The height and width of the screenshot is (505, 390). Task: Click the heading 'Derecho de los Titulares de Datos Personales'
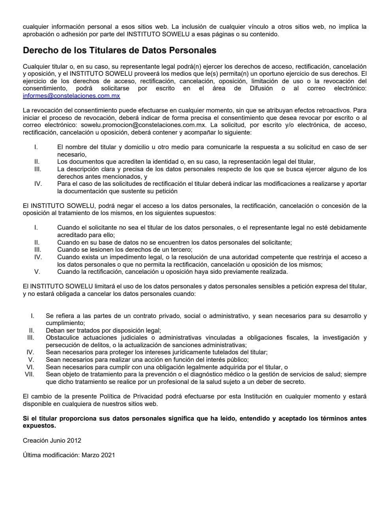click(x=119, y=50)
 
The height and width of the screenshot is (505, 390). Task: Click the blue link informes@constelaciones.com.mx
click(x=71, y=96)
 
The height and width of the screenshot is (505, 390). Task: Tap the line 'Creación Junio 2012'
click(x=52, y=440)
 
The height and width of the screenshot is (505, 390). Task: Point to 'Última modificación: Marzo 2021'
click(x=69, y=455)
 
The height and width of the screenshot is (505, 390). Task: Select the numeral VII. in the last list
click(x=30, y=374)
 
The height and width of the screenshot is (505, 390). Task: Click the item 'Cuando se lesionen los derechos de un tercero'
click(x=125, y=250)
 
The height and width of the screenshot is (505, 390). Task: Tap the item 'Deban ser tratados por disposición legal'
click(x=103, y=331)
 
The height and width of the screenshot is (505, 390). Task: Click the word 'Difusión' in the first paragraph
click(x=261, y=88)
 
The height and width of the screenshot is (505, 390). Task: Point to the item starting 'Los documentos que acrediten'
click(x=186, y=161)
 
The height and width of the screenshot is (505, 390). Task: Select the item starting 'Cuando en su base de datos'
click(x=174, y=242)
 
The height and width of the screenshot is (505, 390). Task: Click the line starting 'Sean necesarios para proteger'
click(x=157, y=352)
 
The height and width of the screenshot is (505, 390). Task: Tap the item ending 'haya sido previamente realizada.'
click(x=172, y=271)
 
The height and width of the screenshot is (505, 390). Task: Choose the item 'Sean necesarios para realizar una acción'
click(x=147, y=359)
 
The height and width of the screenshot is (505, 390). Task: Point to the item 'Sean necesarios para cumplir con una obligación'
click(x=167, y=367)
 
